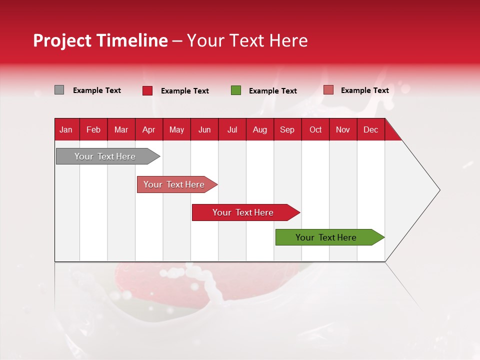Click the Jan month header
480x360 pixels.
pyautogui.click(x=66, y=130)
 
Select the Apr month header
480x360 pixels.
pyautogui.click(x=148, y=130)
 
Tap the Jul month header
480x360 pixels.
pyautogui.click(x=232, y=130)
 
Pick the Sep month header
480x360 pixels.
pyautogui.click(x=287, y=130)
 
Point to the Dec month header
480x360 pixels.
pyautogui.click(x=370, y=130)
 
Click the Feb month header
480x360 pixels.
pyautogui.click(x=93, y=130)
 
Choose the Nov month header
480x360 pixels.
pyautogui.click(x=342, y=130)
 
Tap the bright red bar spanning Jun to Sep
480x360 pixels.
pyautogui.click(x=243, y=212)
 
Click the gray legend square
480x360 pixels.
pyautogui.click(x=59, y=90)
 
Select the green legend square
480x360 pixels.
pyautogui.click(x=236, y=90)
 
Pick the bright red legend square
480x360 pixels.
pyautogui.click(x=147, y=90)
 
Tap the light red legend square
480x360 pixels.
pyautogui.click(x=328, y=90)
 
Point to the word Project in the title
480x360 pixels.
pyautogui.click(x=62, y=40)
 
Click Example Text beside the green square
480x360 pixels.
pyautogui.click(x=272, y=91)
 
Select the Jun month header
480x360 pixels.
pyautogui.click(x=204, y=130)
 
